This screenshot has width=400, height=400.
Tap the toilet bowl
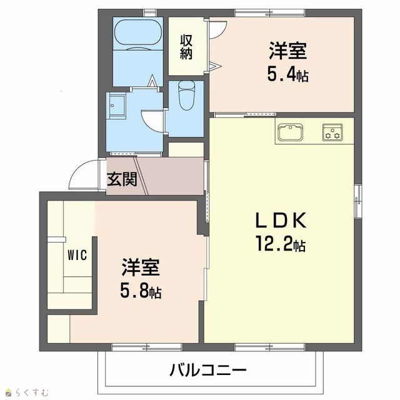(186, 95)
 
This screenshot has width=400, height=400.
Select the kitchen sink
(291, 132)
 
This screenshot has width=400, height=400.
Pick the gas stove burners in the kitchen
(332, 132)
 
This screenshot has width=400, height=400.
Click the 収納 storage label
(186, 47)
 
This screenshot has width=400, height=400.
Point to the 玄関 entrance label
(122, 179)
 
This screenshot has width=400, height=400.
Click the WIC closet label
(77, 255)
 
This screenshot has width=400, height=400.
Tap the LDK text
(281, 221)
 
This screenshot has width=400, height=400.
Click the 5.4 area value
(282, 74)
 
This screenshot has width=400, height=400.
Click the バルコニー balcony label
(208, 371)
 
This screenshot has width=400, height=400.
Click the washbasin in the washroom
(117, 105)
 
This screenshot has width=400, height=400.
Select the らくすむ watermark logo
(27, 392)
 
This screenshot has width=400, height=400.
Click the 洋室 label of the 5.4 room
(287, 51)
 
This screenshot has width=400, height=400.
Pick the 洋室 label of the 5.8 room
(141, 267)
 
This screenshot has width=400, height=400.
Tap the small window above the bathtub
(150, 12)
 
